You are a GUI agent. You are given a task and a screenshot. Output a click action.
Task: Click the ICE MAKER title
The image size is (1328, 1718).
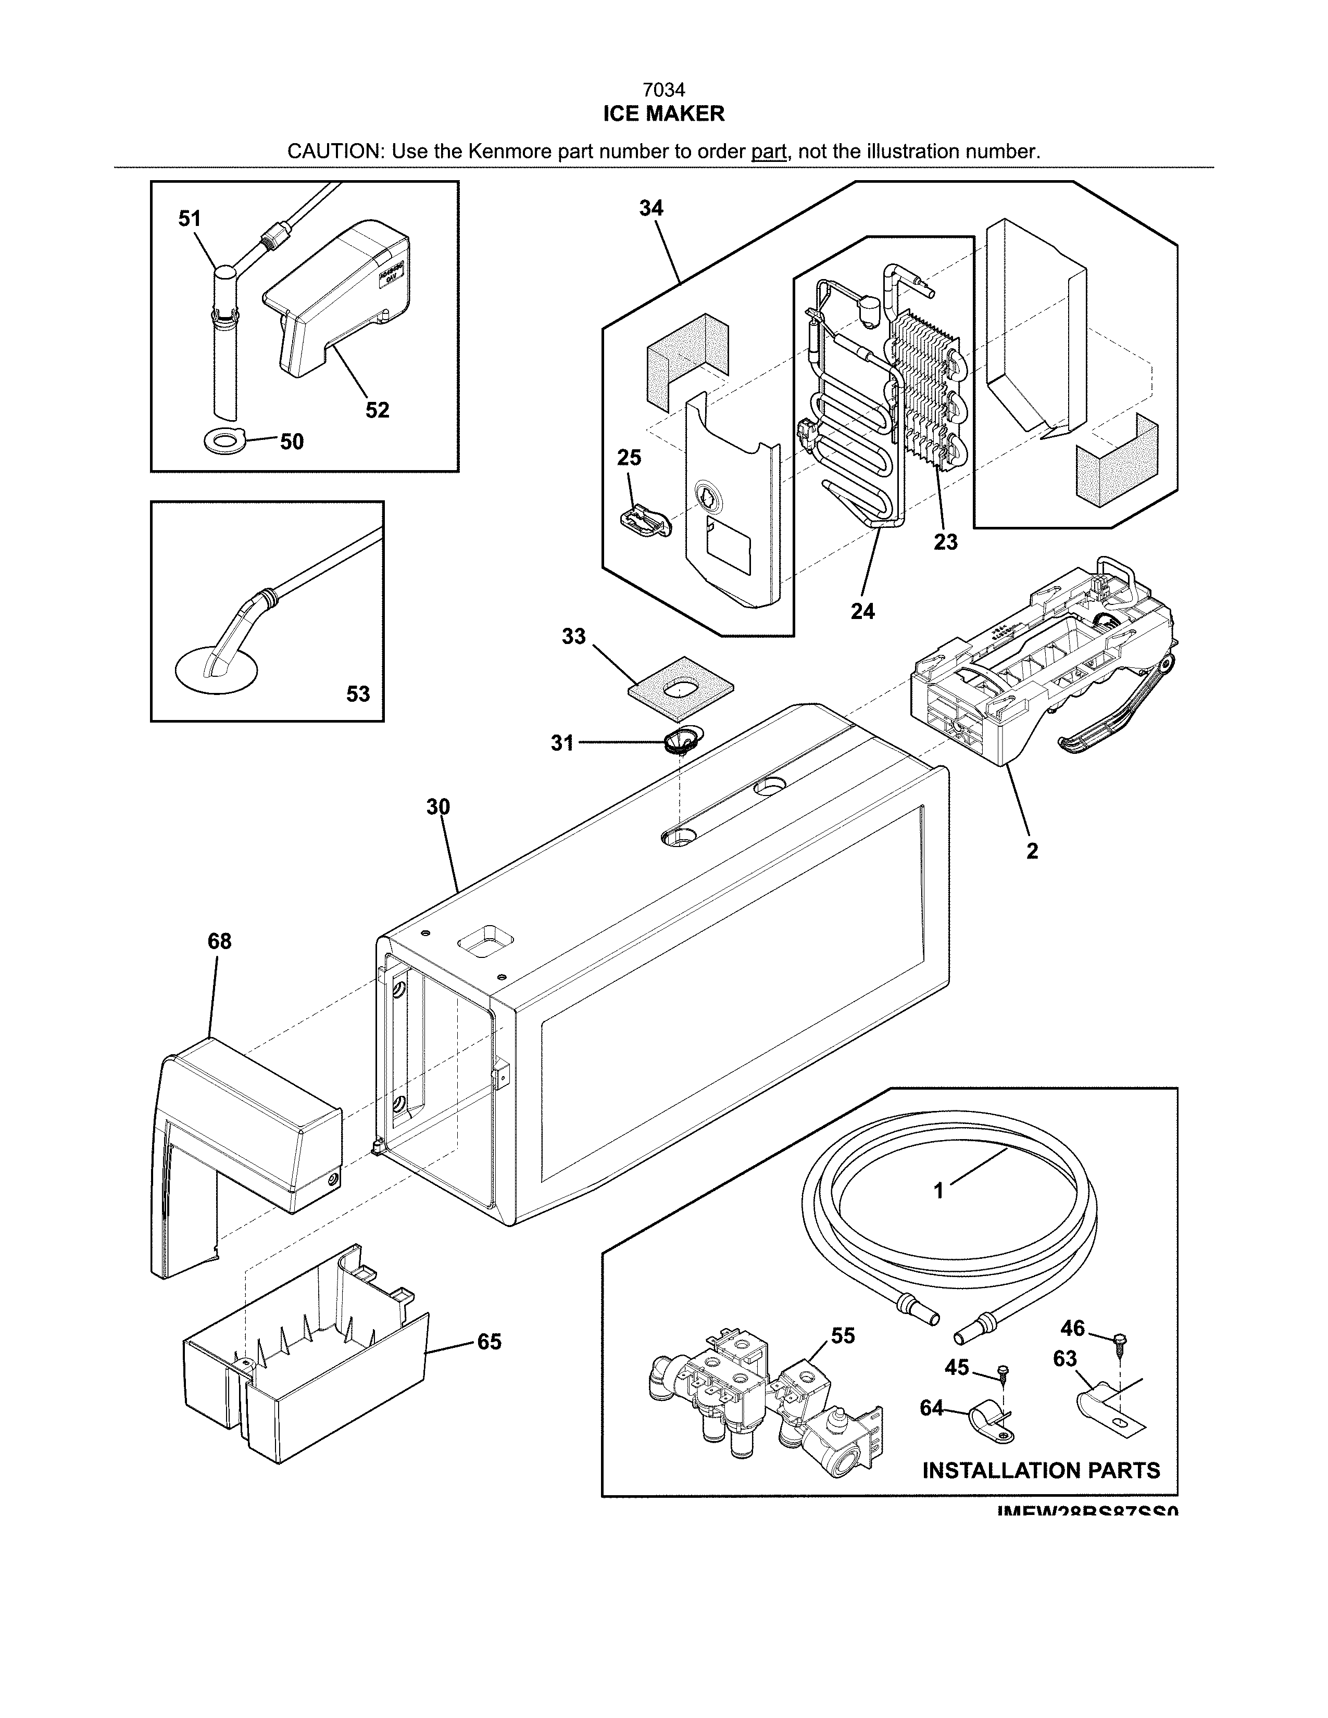pyautogui.click(x=663, y=114)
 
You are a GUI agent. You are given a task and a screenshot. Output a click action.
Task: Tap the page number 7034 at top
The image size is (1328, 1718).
pyautogui.click(x=663, y=91)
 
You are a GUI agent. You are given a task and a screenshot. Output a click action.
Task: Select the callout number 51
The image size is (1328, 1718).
pyautogui.click(x=190, y=219)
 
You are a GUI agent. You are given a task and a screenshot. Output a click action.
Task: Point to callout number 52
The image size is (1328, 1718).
pyautogui.click(x=378, y=410)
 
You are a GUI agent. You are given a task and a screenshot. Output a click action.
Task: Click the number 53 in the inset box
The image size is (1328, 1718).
pyautogui.click(x=358, y=694)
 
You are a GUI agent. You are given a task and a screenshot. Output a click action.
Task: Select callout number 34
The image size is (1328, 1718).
pyautogui.click(x=650, y=208)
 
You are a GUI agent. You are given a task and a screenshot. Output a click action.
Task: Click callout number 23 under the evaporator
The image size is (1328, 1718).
pyautogui.click(x=946, y=542)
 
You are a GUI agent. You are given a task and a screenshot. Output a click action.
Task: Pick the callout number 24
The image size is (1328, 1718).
pyautogui.click(x=862, y=611)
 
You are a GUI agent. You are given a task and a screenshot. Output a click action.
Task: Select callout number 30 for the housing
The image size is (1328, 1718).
pyautogui.click(x=438, y=806)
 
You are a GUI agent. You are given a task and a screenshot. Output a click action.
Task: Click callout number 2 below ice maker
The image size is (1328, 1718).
pyautogui.click(x=1031, y=850)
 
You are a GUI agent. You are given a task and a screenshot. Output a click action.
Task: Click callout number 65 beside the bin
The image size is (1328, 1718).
pyautogui.click(x=490, y=1342)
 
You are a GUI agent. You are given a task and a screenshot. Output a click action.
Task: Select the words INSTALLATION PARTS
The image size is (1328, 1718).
pyautogui.click(x=1040, y=1470)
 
